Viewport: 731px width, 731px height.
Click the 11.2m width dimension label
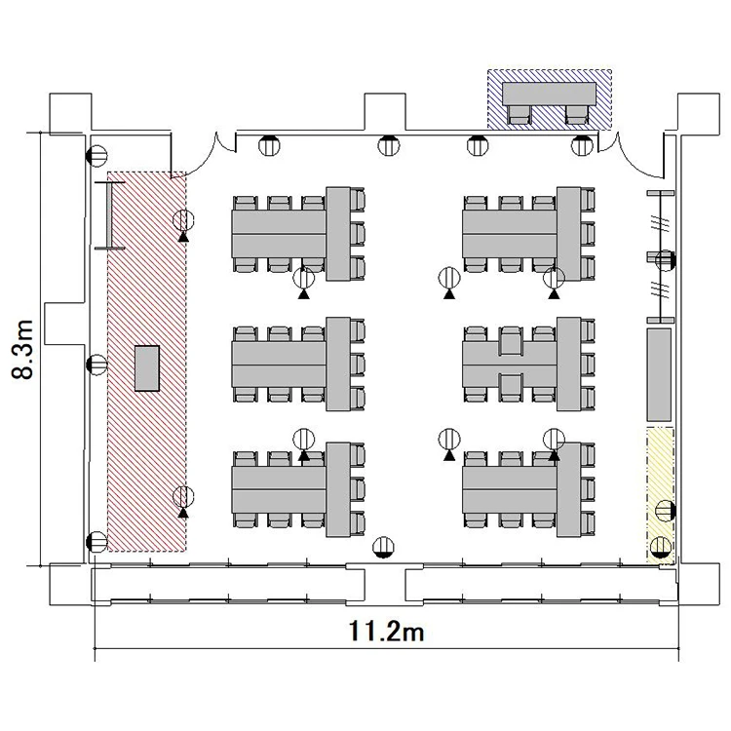[x=387, y=633]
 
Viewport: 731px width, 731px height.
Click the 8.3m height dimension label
[x=22, y=350]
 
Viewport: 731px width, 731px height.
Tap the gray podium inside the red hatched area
[x=147, y=367]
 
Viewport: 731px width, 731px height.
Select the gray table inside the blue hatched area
[x=549, y=94]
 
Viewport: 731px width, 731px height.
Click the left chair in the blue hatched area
[x=519, y=115]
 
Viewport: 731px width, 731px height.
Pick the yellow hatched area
[x=660, y=495]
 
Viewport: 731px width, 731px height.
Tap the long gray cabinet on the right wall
[x=659, y=375]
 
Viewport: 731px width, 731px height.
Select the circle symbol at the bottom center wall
[x=384, y=547]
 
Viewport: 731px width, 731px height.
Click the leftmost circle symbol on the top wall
[x=269, y=145]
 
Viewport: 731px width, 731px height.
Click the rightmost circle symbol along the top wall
[x=582, y=145]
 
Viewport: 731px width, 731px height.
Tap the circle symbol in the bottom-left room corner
[x=96, y=542]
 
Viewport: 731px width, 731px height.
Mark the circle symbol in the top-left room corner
[x=96, y=156]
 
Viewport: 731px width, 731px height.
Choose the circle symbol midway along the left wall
[x=96, y=365]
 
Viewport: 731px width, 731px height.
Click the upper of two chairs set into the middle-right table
[x=511, y=341]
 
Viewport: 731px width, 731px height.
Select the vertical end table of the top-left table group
[x=338, y=234]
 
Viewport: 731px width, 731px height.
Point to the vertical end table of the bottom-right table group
[x=569, y=489]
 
